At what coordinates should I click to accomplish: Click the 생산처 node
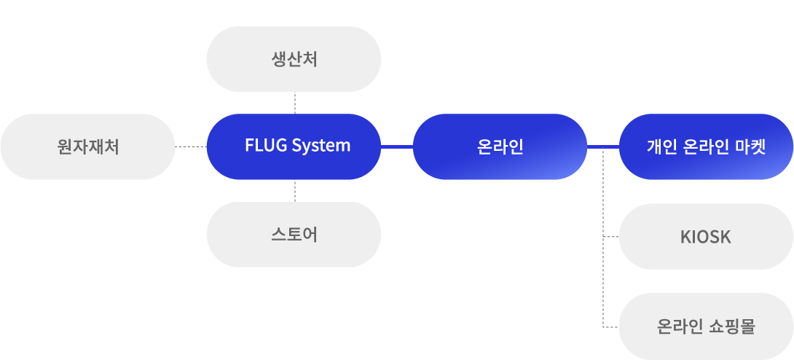[x=294, y=59]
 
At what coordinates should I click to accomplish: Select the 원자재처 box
[x=87, y=146]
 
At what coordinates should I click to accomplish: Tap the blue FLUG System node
[x=294, y=146]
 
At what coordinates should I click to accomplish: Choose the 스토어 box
[x=294, y=235]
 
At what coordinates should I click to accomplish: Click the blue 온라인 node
[x=500, y=146]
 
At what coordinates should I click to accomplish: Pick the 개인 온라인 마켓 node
[x=706, y=146]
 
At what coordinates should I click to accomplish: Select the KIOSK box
[x=706, y=237]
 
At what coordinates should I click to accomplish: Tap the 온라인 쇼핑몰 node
[x=706, y=326]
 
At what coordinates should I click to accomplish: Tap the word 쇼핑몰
[x=731, y=326]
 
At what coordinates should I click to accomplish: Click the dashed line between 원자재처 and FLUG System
[x=191, y=146]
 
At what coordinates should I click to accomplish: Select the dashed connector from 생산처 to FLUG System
[x=294, y=103]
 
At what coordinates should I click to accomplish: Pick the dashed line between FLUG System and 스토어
[x=294, y=191]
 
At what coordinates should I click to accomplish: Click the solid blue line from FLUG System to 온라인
[x=397, y=146]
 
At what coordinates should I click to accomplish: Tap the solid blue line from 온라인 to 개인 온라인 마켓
[x=603, y=146]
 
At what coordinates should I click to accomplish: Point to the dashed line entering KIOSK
[x=611, y=238]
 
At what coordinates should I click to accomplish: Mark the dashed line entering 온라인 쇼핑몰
[x=611, y=328]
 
